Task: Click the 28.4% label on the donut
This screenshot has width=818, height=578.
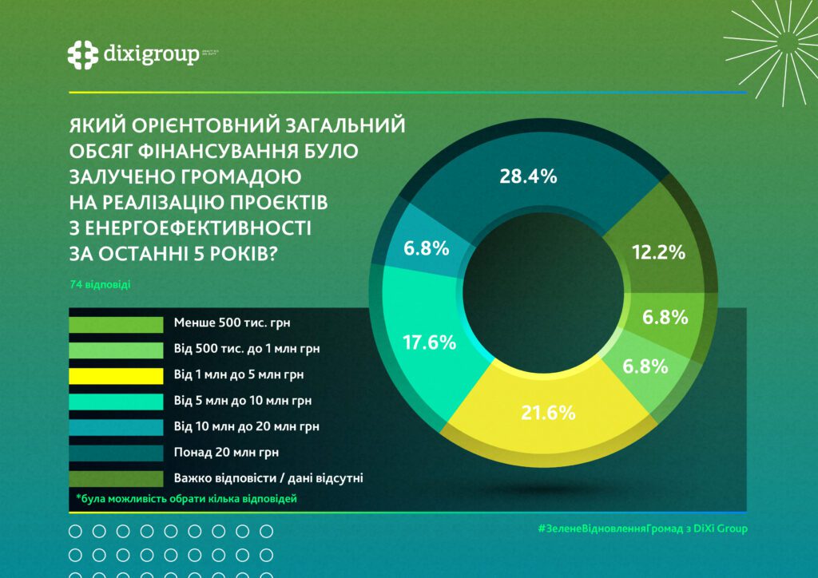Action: (x=527, y=177)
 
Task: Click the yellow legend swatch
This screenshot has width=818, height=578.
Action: (x=116, y=374)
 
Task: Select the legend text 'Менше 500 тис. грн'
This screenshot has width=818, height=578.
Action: (x=222, y=323)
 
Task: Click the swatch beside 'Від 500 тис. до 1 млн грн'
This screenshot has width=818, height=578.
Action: (x=116, y=349)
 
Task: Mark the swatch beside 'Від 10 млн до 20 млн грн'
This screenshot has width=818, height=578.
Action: (x=116, y=426)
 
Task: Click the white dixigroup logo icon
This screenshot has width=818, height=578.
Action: (x=82, y=55)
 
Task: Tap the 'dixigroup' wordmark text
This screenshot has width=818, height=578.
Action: (x=151, y=54)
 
